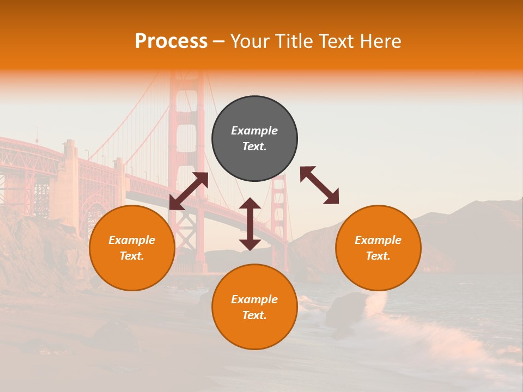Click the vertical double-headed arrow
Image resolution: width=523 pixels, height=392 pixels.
point(250,224)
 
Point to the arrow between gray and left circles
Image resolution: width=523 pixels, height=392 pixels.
point(188,191)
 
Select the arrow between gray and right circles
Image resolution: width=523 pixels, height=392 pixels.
point(320,185)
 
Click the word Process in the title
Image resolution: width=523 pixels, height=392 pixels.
point(171,41)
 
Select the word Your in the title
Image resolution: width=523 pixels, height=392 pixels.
point(249,41)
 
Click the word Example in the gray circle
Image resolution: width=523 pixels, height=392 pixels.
point(254,131)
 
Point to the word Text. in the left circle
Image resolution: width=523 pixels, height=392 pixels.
point(132,256)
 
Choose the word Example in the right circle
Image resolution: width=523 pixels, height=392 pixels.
point(378,240)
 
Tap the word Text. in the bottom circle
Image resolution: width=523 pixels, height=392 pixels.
point(254,315)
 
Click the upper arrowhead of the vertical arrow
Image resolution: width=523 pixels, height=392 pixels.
point(250,205)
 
